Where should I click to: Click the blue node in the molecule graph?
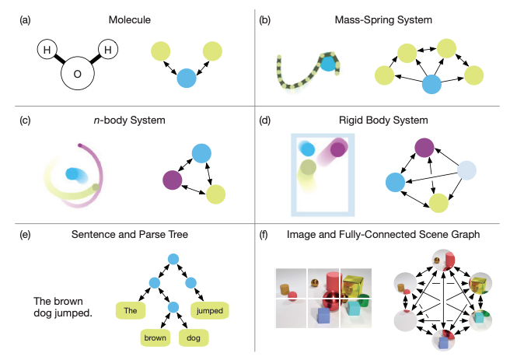tap(186, 79)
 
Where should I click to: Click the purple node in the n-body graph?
tap(173, 181)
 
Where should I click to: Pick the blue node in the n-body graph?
tap(201, 154)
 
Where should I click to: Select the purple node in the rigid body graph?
tap(424, 149)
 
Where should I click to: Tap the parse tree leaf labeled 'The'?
tap(130, 310)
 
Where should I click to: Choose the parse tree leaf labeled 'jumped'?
tap(210, 310)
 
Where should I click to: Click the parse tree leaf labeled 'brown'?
tap(155, 337)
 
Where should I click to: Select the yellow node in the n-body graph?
tap(215, 194)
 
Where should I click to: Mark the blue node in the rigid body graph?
tap(396, 183)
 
